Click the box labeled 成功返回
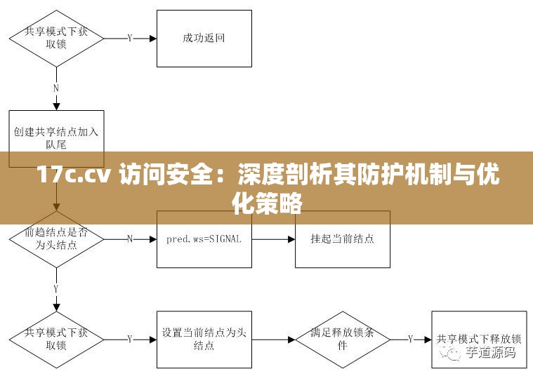click(204, 39)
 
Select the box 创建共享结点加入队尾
click(56, 138)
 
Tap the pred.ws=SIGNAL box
click(204, 239)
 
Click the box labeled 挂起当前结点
click(342, 239)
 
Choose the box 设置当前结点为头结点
click(204, 340)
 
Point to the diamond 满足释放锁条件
click(342, 340)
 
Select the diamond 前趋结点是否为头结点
click(56, 239)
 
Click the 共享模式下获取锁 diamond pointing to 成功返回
click(56, 38)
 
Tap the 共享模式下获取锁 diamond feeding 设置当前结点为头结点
click(56, 340)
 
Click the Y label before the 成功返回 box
click(130, 39)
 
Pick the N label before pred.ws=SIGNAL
click(130, 239)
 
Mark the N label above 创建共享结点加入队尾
click(56, 88)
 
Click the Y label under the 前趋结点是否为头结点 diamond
click(56, 288)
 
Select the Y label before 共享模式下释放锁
click(411, 340)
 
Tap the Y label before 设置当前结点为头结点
click(130, 340)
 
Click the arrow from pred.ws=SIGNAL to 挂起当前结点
click(273, 239)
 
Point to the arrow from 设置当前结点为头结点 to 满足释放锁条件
click(273, 340)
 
